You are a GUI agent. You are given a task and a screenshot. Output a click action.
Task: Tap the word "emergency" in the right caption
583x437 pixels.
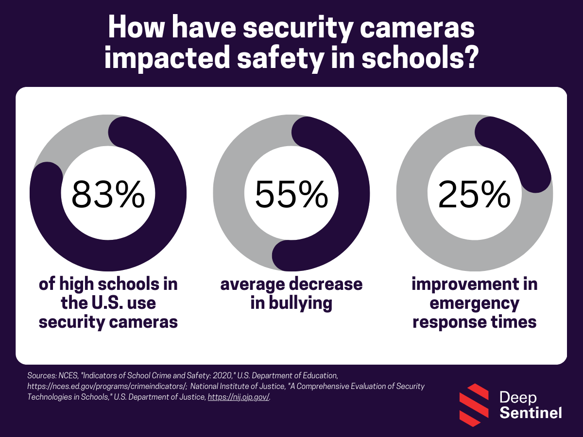tap(474, 303)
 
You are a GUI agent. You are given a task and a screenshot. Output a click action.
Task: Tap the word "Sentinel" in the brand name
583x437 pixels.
tap(531, 413)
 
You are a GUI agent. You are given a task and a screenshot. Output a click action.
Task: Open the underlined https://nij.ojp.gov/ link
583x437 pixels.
tap(239, 397)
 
